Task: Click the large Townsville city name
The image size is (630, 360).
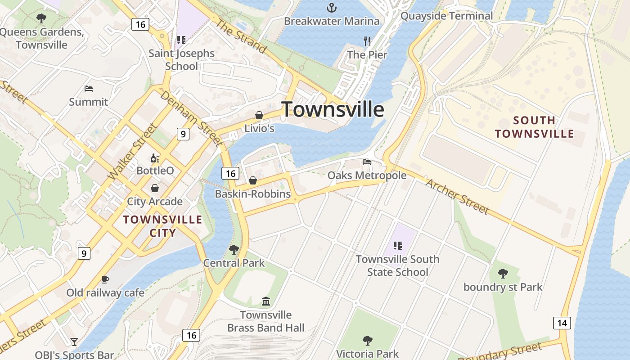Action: click(x=333, y=109)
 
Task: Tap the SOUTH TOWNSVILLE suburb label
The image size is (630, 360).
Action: click(x=534, y=127)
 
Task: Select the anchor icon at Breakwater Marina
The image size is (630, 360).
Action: click(x=332, y=7)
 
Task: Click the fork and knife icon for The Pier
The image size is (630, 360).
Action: click(x=367, y=41)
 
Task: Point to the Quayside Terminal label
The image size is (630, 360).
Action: click(x=446, y=16)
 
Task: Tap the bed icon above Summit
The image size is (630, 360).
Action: click(x=89, y=89)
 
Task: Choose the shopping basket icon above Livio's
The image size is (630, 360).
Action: click(x=259, y=115)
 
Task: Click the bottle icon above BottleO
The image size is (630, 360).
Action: click(x=155, y=158)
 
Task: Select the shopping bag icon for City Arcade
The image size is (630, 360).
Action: click(x=155, y=188)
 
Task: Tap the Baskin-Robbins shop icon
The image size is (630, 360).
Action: click(x=253, y=180)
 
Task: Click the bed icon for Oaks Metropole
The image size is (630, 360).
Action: click(x=367, y=162)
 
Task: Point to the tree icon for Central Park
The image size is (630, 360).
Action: click(x=234, y=249)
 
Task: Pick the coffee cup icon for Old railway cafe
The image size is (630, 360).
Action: click(x=105, y=279)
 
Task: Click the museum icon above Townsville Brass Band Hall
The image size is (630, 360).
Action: click(x=265, y=301)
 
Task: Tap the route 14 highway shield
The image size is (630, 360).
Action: click(x=562, y=323)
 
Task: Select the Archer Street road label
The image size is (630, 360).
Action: click(x=457, y=196)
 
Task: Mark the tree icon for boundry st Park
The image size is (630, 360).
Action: click(x=503, y=273)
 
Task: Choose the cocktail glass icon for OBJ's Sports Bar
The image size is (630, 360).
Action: click(x=74, y=342)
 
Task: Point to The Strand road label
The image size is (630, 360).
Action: click(x=241, y=36)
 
